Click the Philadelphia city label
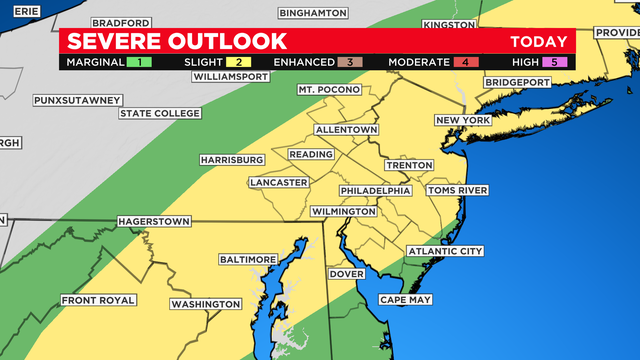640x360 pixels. tap(375, 190)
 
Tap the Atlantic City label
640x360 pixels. tap(444, 251)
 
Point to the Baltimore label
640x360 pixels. tap(247, 259)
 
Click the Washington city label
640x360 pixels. tap(205, 304)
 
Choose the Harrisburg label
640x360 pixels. tap(231, 160)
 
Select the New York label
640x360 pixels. tap(462, 121)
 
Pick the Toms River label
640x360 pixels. tap(457, 190)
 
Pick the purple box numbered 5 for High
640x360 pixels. tap(560, 62)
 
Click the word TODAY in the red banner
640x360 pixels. tap(538, 41)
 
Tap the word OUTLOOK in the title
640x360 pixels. tap(226, 41)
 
